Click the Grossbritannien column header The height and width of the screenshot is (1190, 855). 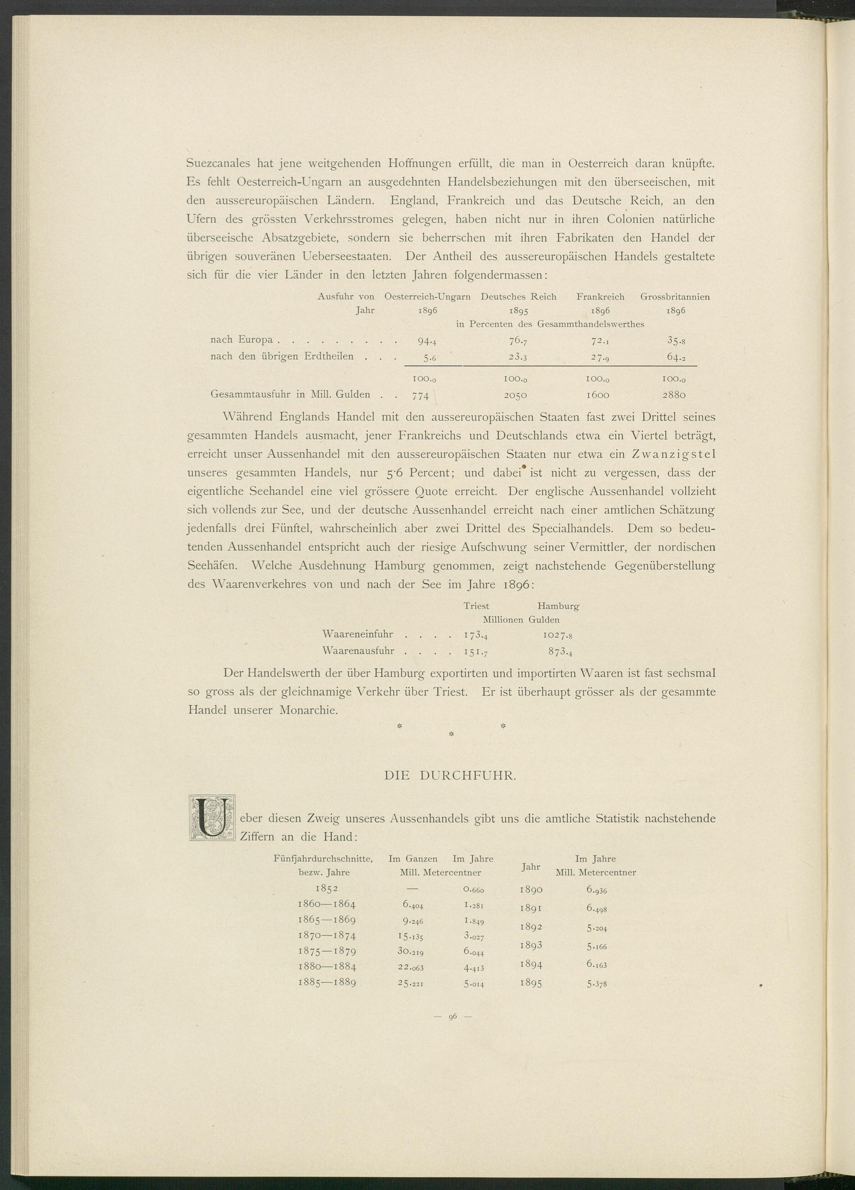tap(675, 297)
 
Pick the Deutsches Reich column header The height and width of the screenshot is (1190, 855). tap(518, 297)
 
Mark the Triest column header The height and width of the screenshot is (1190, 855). tap(476, 606)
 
